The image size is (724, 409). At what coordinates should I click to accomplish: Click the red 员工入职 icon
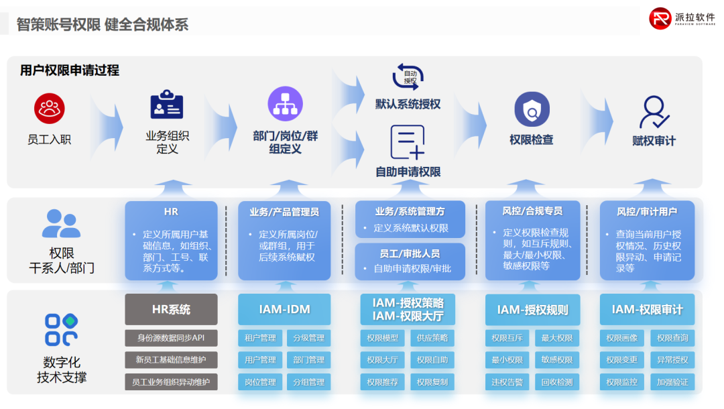coord(49,109)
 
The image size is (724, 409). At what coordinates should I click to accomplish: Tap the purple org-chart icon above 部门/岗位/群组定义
coord(285,104)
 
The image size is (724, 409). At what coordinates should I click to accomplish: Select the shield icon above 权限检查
coord(532,109)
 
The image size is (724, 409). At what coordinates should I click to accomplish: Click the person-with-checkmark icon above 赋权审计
coord(654,112)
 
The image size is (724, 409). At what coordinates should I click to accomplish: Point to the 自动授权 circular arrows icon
coord(408,76)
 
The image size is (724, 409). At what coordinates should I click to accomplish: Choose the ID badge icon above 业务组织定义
coord(167,105)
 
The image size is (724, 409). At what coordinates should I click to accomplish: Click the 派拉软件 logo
coord(682,19)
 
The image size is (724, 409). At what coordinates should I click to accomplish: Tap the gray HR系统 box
coord(171,309)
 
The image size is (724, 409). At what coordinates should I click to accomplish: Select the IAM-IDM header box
coord(284,309)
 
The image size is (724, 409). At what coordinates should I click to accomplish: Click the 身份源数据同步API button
coord(171,338)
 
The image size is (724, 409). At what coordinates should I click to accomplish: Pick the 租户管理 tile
coord(260,338)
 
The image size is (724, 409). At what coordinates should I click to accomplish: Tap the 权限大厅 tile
coord(382,360)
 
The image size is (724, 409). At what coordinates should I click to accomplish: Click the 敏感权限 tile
coord(557,360)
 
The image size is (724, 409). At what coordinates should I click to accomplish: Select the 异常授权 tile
coord(672,360)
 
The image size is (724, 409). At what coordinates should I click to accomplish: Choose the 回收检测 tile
coord(557,382)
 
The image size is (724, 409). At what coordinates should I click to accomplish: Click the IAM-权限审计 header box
coord(647,309)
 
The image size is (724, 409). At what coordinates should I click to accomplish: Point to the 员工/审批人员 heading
coord(410,253)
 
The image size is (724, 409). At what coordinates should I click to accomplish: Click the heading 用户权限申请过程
coord(70,70)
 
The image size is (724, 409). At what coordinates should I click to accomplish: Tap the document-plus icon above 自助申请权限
coord(408,142)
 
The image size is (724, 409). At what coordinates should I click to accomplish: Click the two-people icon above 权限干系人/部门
coord(61,223)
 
